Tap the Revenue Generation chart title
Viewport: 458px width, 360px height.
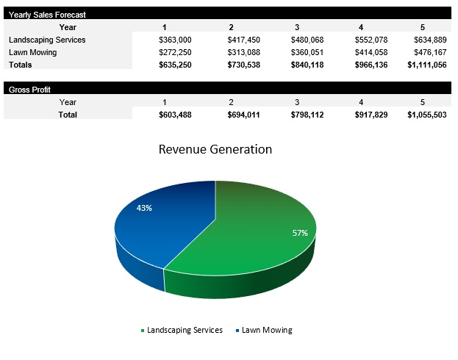coord(215,149)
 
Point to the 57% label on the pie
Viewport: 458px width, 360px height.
coord(300,233)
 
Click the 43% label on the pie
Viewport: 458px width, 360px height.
coord(144,208)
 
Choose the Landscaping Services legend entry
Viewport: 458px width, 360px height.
coord(184,330)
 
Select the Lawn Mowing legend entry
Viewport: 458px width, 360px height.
coord(266,330)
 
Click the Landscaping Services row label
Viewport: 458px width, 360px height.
coord(47,40)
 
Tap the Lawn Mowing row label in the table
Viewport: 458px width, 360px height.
coord(32,52)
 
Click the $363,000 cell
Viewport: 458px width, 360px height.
coord(175,40)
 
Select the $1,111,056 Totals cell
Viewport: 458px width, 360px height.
coord(427,65)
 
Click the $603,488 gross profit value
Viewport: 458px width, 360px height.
coord(175,115)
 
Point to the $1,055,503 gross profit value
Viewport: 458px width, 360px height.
coord(427,115)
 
